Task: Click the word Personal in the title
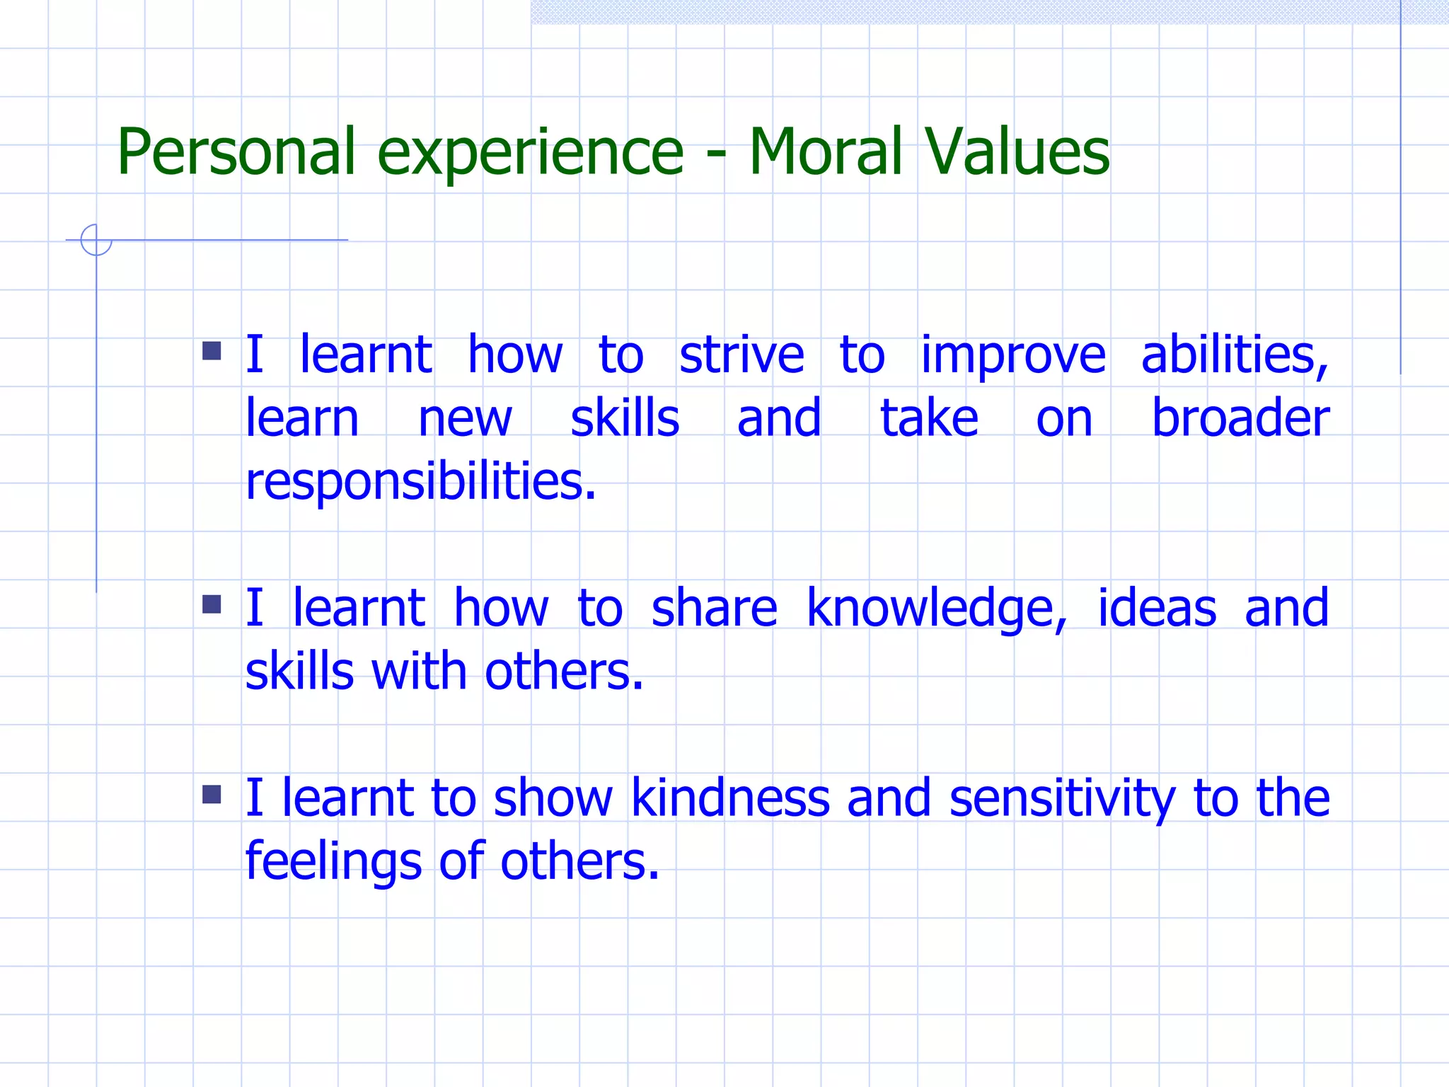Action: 236,152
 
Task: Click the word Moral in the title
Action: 825,152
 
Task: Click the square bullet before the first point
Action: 212,351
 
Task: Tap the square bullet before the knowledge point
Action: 212,604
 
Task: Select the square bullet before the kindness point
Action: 212,795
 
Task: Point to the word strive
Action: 741,355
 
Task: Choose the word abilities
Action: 1235,355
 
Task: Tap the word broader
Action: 1240,418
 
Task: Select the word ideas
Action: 1157,609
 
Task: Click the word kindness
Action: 729,798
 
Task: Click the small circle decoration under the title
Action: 96,240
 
